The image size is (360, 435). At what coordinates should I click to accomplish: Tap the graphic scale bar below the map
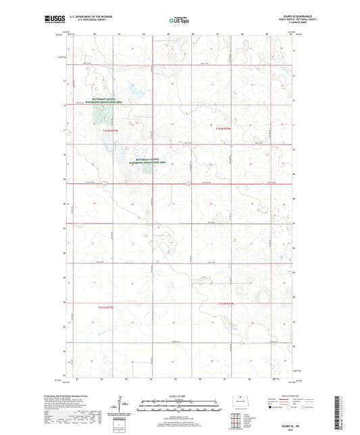[x=180, y=407]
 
